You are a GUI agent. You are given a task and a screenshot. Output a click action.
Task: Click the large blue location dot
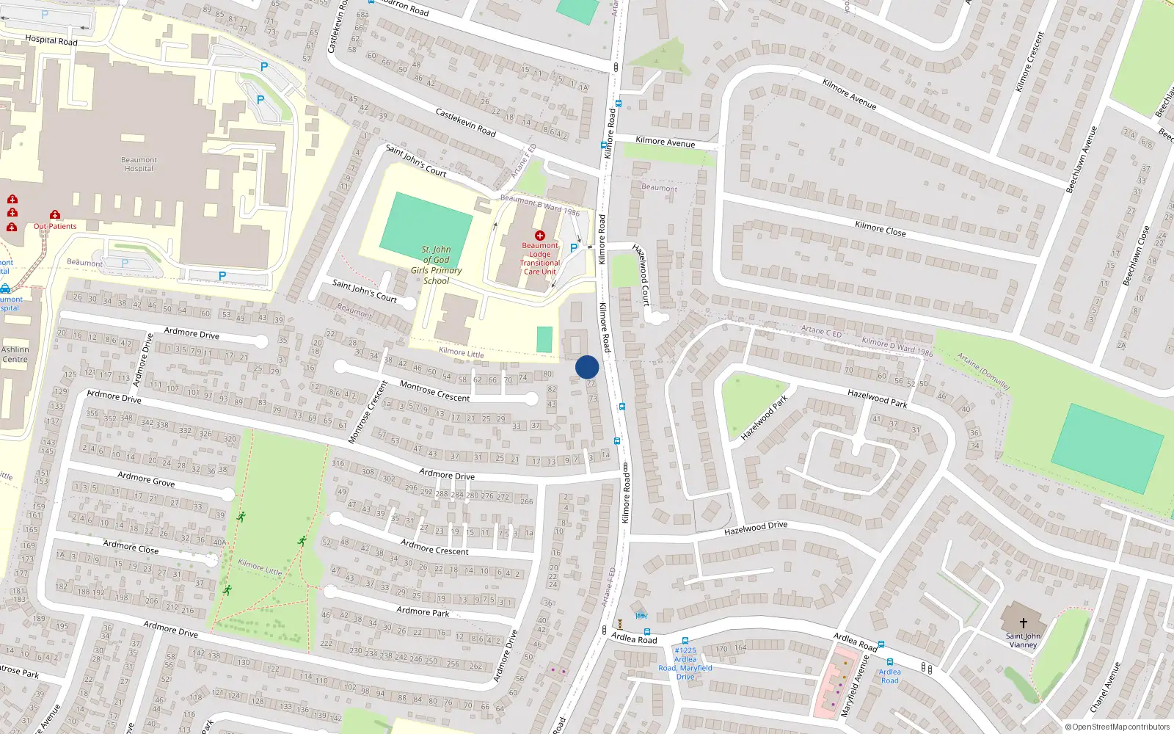tap(587, 367)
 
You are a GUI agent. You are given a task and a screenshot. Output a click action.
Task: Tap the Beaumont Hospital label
tap(139, 164)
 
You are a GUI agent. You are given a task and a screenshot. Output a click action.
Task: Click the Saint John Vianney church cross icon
tap(1023, 623)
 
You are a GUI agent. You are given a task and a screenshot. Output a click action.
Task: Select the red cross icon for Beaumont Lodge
tap(540, 236)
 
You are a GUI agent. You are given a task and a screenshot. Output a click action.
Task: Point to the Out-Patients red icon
tap(54, 215)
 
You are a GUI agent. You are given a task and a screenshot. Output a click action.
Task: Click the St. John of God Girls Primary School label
tap(436, 265)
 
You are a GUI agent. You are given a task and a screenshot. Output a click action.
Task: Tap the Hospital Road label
tap(51, 40)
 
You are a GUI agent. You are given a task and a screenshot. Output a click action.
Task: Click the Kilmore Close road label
tap(880, 229)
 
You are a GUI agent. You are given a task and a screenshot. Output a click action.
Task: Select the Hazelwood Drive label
tap(755, 528)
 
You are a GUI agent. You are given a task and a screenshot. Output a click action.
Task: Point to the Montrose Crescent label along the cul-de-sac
tap(434, 391)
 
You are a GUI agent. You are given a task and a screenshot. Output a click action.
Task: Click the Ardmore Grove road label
tap(146, 479)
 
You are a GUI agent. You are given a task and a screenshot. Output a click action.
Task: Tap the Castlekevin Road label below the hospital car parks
tap(465, 122)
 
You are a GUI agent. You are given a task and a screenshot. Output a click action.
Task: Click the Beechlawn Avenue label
tap(1081, 159)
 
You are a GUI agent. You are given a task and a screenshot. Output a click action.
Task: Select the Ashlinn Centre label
tap(15, 355)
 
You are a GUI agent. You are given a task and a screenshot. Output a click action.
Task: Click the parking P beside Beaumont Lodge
tap(574, 248)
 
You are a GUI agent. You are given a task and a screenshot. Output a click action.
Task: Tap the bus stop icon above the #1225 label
tap(685, 641)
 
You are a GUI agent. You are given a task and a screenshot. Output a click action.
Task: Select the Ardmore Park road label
tap(423, 611)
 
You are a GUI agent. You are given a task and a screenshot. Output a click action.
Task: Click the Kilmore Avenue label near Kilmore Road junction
tap(665, 142)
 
